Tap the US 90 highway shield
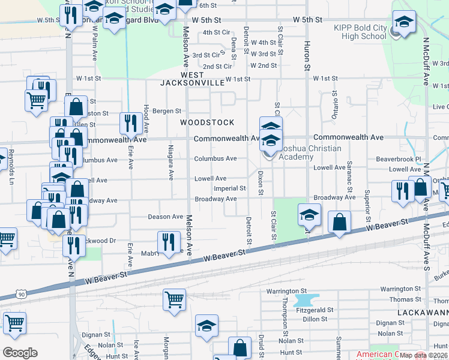pyautogui.click(x=22, y=294)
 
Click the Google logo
pyautogui.click(x=20, y=353)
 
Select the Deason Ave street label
pyautogui.click(x=165, y=217)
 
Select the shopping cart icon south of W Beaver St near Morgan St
pyautogui.click(x=174, y=299)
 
